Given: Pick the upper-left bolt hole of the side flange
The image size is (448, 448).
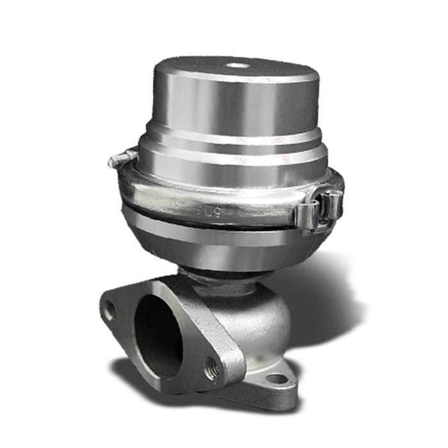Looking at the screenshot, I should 109,312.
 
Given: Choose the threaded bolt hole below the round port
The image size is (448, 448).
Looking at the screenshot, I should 211,369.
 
